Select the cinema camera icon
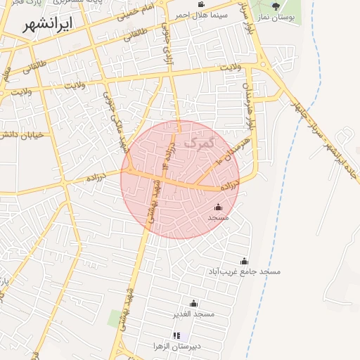201,5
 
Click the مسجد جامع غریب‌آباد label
244,271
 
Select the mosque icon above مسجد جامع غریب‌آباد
244,261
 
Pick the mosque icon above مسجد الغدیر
194,303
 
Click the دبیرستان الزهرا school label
178,347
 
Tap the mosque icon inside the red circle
218,207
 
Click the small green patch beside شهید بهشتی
115,319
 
